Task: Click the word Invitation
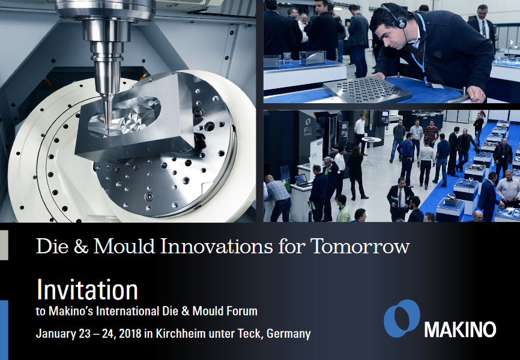pos(87,290)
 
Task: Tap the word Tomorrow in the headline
pos(360,246)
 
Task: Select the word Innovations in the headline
pos(217,246)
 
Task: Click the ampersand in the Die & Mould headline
pos(81,246)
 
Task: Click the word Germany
pos(288,334)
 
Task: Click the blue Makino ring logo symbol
pos(402,318)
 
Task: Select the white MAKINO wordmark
pos(460,329)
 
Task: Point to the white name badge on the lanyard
pos(437,86)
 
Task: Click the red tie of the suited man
pos(401,197)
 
